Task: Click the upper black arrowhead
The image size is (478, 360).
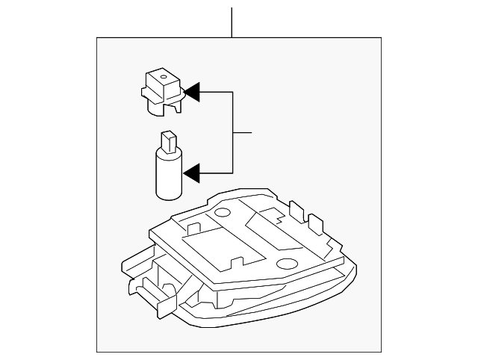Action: tap(191, 92)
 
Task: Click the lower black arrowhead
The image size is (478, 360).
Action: tap(191, 173)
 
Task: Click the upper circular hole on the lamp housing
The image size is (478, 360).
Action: tap(222, 212)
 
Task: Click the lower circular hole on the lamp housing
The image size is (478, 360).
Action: tap(286, 264)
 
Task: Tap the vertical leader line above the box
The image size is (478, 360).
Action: tap(232, 22)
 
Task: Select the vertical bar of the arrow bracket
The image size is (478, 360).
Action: tap(233, 133)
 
